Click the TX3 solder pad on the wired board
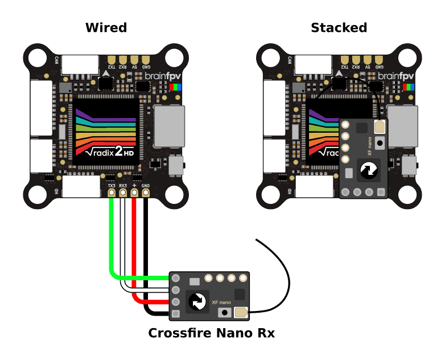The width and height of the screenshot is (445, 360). (x=112, y=193)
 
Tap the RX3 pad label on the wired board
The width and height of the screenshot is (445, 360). (x=123, y=186)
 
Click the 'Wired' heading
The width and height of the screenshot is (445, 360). (x=106, y=27)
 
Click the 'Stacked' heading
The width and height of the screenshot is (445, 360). (x=339, y=27)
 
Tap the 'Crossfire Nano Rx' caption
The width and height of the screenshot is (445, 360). (x=211, y=333)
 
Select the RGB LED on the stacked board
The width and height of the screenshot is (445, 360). (x=408, y=87)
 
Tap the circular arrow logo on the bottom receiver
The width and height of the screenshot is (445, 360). (x=197, y=301)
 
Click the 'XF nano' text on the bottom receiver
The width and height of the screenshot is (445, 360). (x=221, y=302)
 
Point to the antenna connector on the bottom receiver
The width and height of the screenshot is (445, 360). (x=241, y=312)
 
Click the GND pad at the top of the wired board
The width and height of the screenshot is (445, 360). (x=146, y=60)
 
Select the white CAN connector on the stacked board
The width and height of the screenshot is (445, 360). (x=313, y=64)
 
